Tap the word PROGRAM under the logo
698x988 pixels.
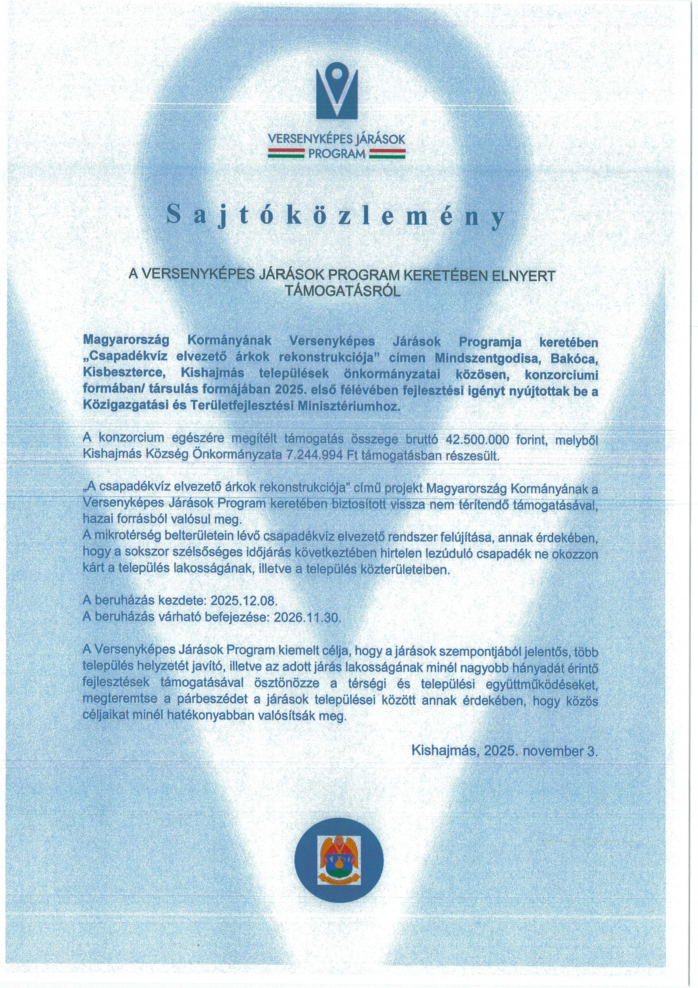(337, 153)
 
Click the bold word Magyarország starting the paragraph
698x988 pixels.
(126, 341)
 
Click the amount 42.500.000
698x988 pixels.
(478, 439)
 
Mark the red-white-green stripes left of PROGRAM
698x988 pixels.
(286, 153)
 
